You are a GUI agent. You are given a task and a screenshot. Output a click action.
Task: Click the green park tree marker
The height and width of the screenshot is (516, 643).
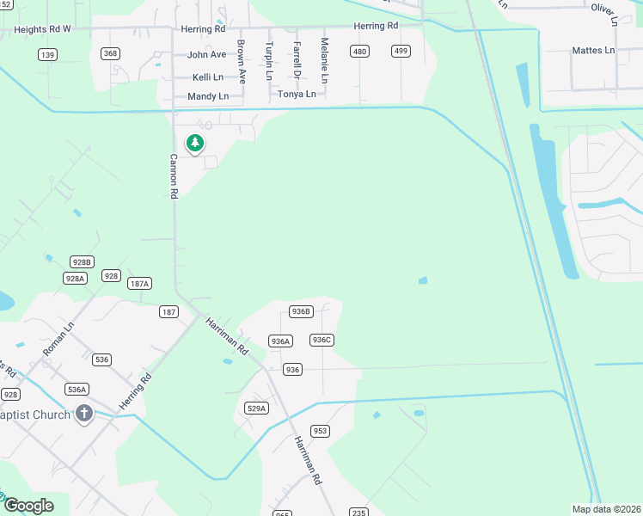195,144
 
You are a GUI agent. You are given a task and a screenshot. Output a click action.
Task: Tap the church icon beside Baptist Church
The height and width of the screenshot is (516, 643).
84,415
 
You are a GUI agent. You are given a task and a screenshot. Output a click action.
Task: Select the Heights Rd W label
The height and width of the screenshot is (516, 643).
42,28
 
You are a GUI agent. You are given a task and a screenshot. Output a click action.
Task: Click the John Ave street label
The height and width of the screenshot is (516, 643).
206,54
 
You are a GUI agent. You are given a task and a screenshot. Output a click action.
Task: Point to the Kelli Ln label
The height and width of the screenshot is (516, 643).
208,77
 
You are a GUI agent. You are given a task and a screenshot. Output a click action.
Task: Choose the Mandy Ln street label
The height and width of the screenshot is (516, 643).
208,96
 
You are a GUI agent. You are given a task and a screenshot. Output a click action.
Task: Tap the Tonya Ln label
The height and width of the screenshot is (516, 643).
297,94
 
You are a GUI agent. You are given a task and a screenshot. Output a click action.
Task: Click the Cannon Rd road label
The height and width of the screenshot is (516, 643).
173,176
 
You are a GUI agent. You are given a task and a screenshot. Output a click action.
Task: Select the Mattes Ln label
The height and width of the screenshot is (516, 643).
593,51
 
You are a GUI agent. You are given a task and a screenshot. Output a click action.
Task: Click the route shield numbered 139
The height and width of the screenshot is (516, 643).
48,55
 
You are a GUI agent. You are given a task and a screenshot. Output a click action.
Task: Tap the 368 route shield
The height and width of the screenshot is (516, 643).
110,53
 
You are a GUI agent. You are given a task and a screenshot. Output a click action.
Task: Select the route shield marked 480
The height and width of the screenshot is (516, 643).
359,52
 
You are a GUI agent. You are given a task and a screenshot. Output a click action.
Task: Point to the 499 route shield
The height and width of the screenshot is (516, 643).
400,52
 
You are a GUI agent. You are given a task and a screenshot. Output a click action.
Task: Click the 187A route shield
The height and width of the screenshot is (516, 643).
139,284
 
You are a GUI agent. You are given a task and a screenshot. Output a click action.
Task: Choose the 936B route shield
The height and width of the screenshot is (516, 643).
300,311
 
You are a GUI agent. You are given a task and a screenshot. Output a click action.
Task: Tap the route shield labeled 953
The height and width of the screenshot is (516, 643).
320,431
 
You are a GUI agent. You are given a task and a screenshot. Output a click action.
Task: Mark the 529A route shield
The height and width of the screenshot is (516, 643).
256,408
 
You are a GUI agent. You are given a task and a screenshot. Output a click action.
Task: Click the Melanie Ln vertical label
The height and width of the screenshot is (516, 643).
324,60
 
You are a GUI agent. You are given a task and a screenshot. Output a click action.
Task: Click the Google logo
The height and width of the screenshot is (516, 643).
28,506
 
